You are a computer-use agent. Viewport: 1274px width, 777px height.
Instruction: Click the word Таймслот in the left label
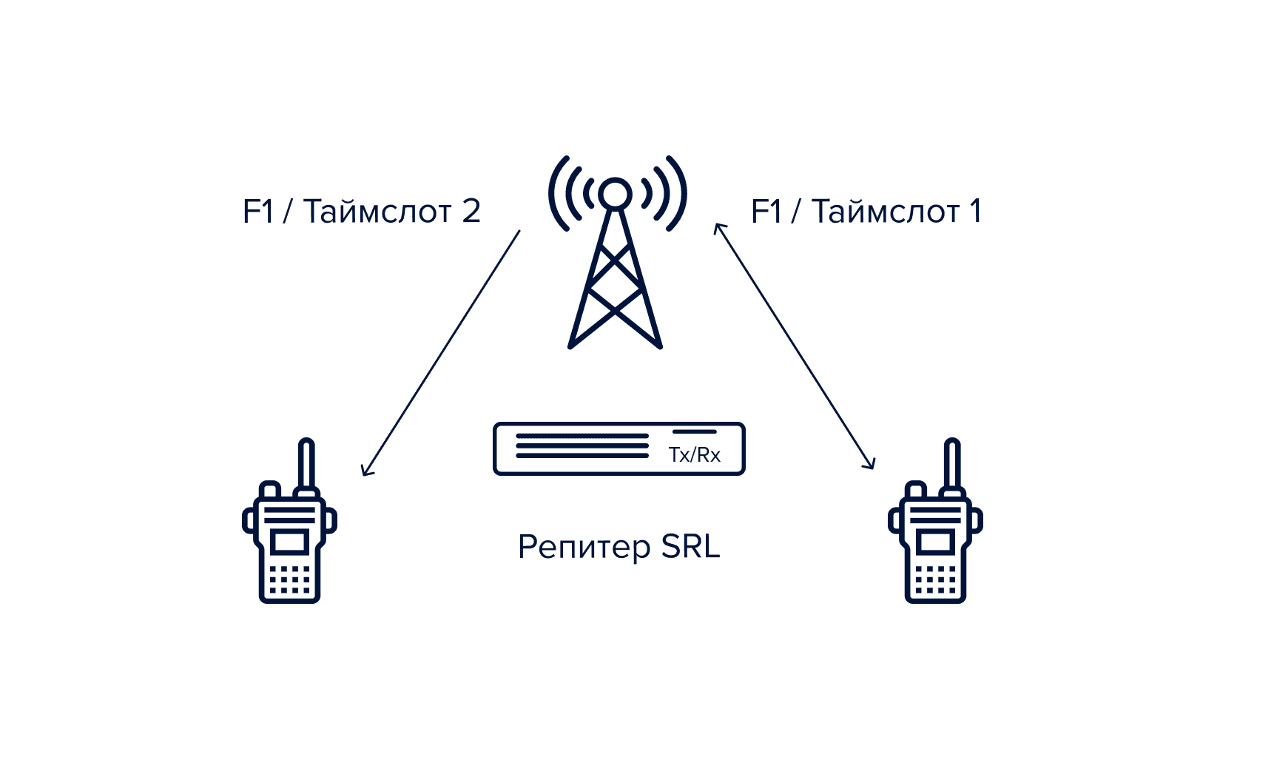(x=377, y=212)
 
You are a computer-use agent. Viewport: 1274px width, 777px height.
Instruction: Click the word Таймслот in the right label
(x=886, y=212)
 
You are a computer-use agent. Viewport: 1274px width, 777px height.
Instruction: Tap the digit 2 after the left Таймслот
(x=471, y=212)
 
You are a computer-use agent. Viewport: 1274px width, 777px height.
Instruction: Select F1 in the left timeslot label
(x=257, y=212)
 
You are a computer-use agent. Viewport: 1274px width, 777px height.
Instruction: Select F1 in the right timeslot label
(x=766, y=212)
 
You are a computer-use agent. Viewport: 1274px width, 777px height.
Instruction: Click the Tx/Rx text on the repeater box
(x=694, y=454)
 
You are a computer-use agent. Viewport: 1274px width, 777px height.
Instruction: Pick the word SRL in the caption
(x=690, y=547)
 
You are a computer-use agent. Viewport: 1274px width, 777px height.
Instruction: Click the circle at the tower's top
(x=615, y=193)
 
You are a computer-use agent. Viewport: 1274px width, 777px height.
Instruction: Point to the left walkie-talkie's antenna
(x=306, y=463)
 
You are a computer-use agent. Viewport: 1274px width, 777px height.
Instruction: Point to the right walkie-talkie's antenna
(x=952, y=463)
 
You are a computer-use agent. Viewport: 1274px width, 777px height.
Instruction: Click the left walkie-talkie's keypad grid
(x=289, y=579)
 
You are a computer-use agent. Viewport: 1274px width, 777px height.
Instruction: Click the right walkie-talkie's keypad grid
(x=935, y=579)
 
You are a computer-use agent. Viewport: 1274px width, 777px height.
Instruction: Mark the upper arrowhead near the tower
(x=717, y=226)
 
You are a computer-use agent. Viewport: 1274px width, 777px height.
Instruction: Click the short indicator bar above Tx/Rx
(x=694, y=431)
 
